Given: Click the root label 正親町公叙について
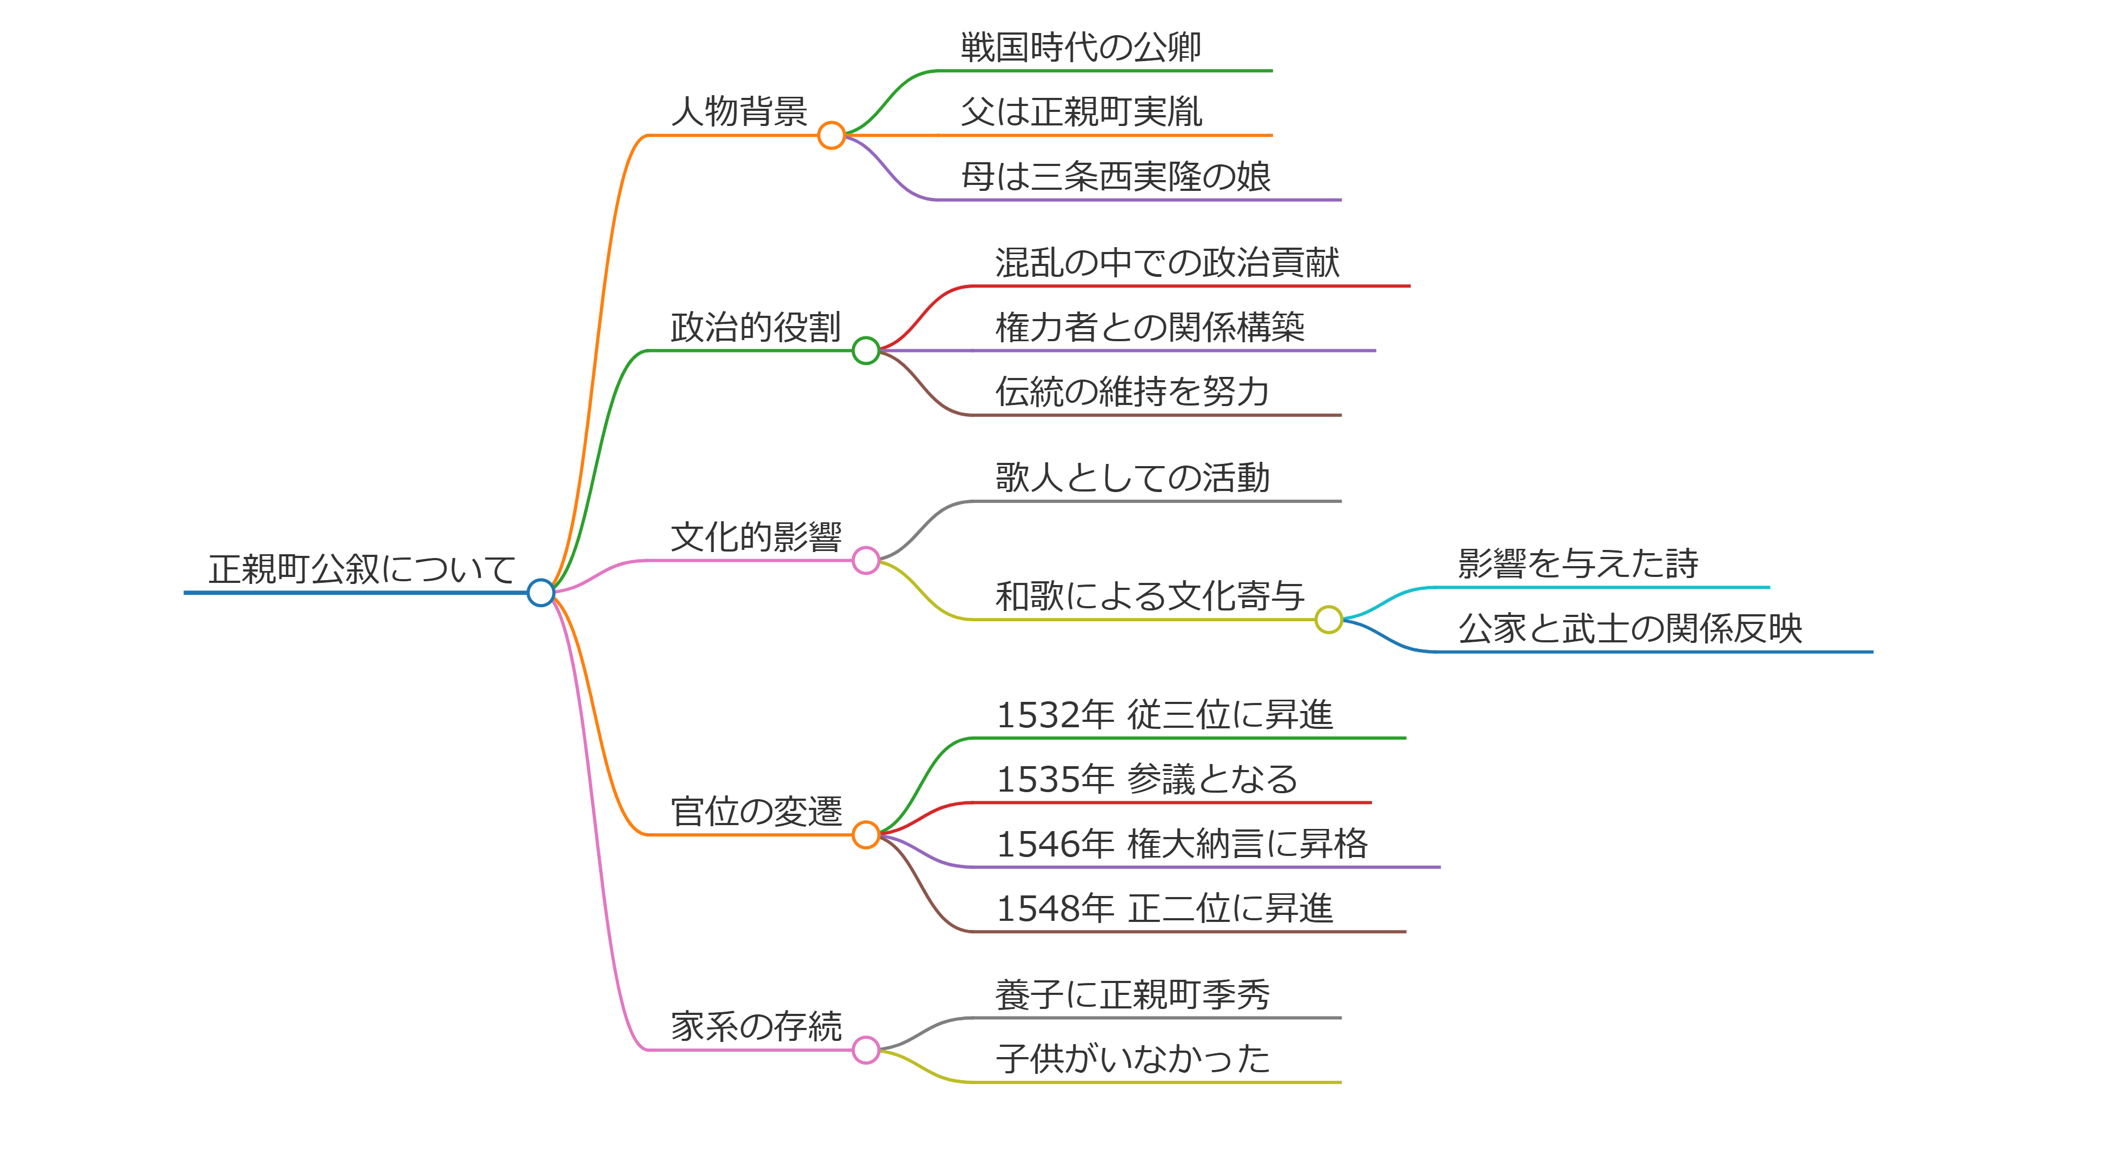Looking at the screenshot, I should click(x=361, y=569).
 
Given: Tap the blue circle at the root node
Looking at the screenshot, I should click(x=541, y=592).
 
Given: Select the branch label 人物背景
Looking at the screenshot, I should click(x=739, y=112).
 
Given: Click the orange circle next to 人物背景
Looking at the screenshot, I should click(x=831, y=135).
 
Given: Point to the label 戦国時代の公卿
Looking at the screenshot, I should click(x=1081, y=48).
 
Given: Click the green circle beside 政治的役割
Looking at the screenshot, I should click(x=865, y=351).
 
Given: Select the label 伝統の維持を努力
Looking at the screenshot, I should click(x=1132, y=391).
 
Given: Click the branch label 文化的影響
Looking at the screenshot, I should click(x=756, y=537).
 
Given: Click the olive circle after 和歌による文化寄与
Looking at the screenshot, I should click(x=1328, y=620).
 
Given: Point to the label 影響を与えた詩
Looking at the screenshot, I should click(x=1578, y=564).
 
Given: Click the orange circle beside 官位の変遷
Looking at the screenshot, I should click(x=865, y=835).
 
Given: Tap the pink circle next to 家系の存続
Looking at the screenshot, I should click(x=865, y=1050).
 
